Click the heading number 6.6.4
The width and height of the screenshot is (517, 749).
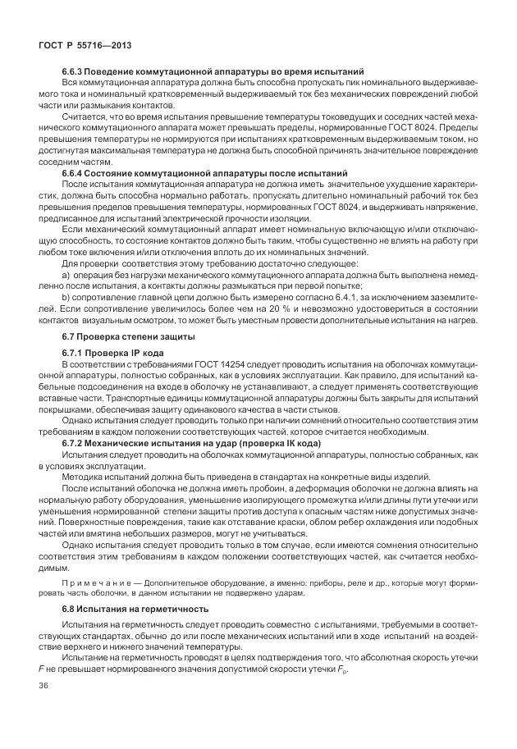point(75,174)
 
